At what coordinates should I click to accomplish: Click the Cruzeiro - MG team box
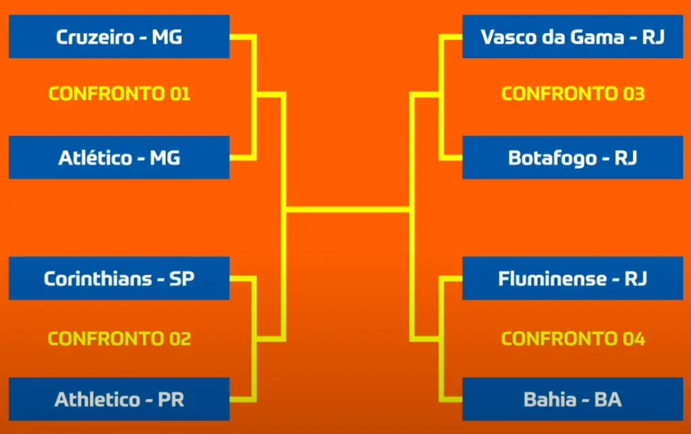[119, 36]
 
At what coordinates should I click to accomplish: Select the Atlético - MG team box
[119, 157]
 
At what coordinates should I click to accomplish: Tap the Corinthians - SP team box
[119, 278]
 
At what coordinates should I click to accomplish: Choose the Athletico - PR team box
[119, 399]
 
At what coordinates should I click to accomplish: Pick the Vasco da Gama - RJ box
[572, 36]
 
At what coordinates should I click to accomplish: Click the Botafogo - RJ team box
[572, 157]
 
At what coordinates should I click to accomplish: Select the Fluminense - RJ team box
[572, 278]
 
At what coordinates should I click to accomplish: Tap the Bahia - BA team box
[572, 399]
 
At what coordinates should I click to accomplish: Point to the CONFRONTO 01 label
[119, 93]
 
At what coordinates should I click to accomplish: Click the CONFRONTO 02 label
[119, 338]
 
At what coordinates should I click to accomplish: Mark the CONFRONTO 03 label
[573, 93]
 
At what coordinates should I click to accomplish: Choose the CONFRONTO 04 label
[573, 338]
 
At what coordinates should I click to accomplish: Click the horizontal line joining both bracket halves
[348, 209]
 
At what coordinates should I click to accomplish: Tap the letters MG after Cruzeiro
[167, 37]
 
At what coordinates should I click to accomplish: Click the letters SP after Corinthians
[182, 279]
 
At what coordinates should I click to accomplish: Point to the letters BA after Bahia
[608, 399]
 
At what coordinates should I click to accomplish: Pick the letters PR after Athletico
[171, 399]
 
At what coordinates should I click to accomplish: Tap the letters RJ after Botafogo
[626, 158]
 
